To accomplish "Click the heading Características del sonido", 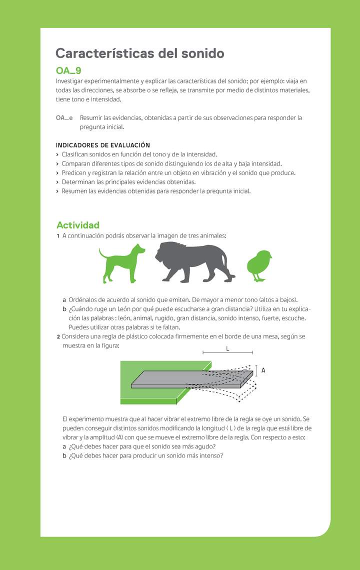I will click(x=139, y=53).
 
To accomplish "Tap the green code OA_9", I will click(x=68, y=70).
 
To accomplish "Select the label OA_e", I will click(x=64, y=118).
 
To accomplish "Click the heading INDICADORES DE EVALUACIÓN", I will click(x=102, y=145).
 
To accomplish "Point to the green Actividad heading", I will click(x=77, y=225).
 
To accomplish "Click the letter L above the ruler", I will click(x=227, y=348).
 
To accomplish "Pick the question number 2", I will click(x=58, y=336).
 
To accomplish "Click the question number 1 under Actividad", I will click(x=58, y=235).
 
